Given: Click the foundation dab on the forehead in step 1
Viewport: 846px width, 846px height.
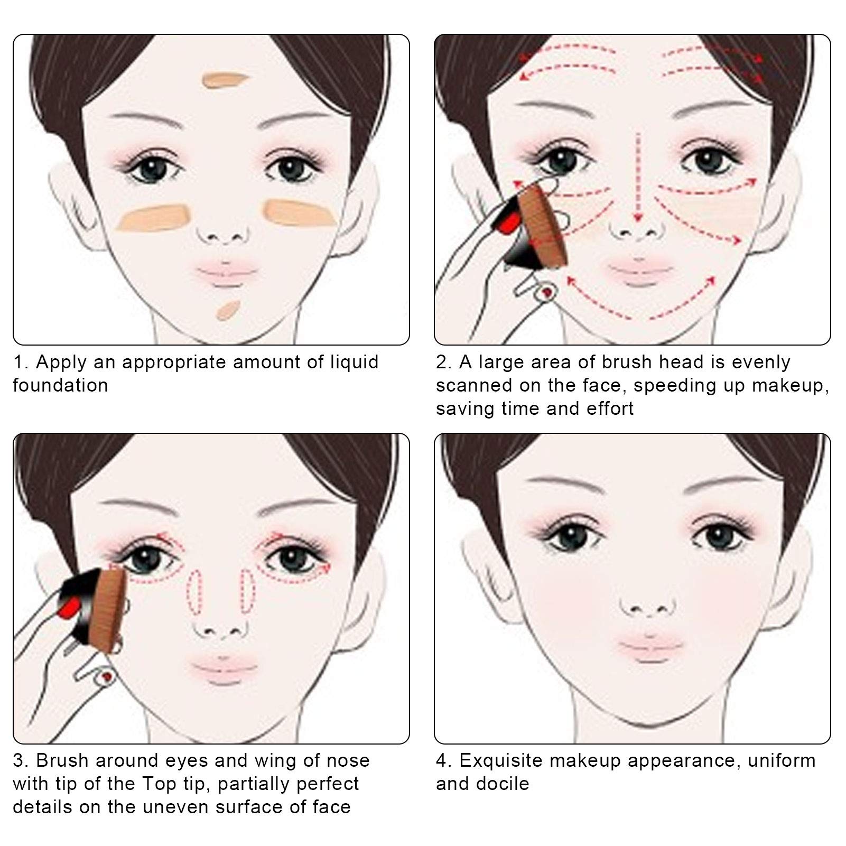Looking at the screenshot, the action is (x=225, y=79).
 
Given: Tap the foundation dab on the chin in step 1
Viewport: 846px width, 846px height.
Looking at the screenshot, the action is (x=228, y=311).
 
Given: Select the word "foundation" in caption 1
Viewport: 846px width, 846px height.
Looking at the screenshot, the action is (x=60, y=385).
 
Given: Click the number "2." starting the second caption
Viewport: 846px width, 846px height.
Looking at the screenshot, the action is (x=444, y=362).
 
